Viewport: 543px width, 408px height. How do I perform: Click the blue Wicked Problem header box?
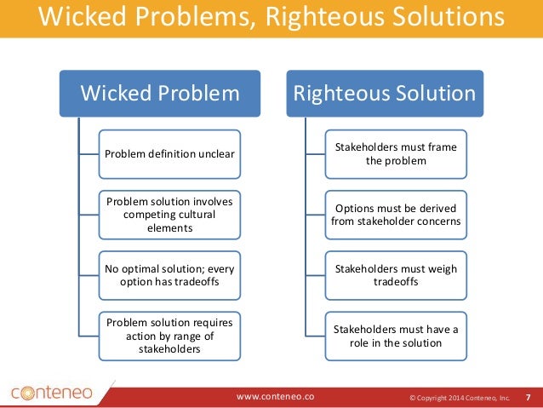[160, 95]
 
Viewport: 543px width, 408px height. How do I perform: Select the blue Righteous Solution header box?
[384, 95]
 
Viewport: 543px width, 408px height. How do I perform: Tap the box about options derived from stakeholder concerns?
[394, 215]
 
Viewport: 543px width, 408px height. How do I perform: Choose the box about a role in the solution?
[395, 336]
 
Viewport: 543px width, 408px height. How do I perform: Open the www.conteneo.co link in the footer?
[275, 396]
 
